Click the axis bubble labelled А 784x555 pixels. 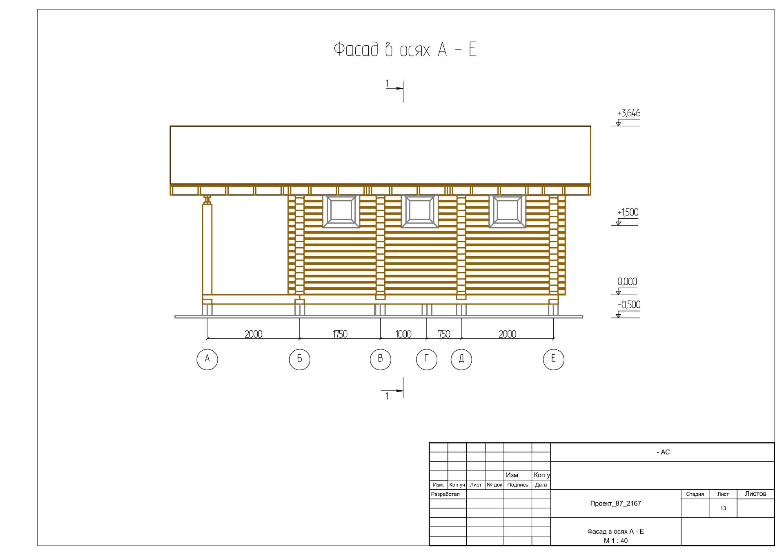click(x=207, y=359)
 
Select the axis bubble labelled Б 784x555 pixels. click(x=299, y=359)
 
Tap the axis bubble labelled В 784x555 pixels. click(x=380, y=359)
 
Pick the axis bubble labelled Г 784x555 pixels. click(x=427, y=359)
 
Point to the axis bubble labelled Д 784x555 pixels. click(x=461, y=359)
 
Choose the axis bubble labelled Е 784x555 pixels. click(x=553, y=359)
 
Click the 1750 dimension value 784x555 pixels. click(x=340, y=334)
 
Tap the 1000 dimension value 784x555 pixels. click(x=403, y=334)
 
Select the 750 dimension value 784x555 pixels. click(x=444, y=334)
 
